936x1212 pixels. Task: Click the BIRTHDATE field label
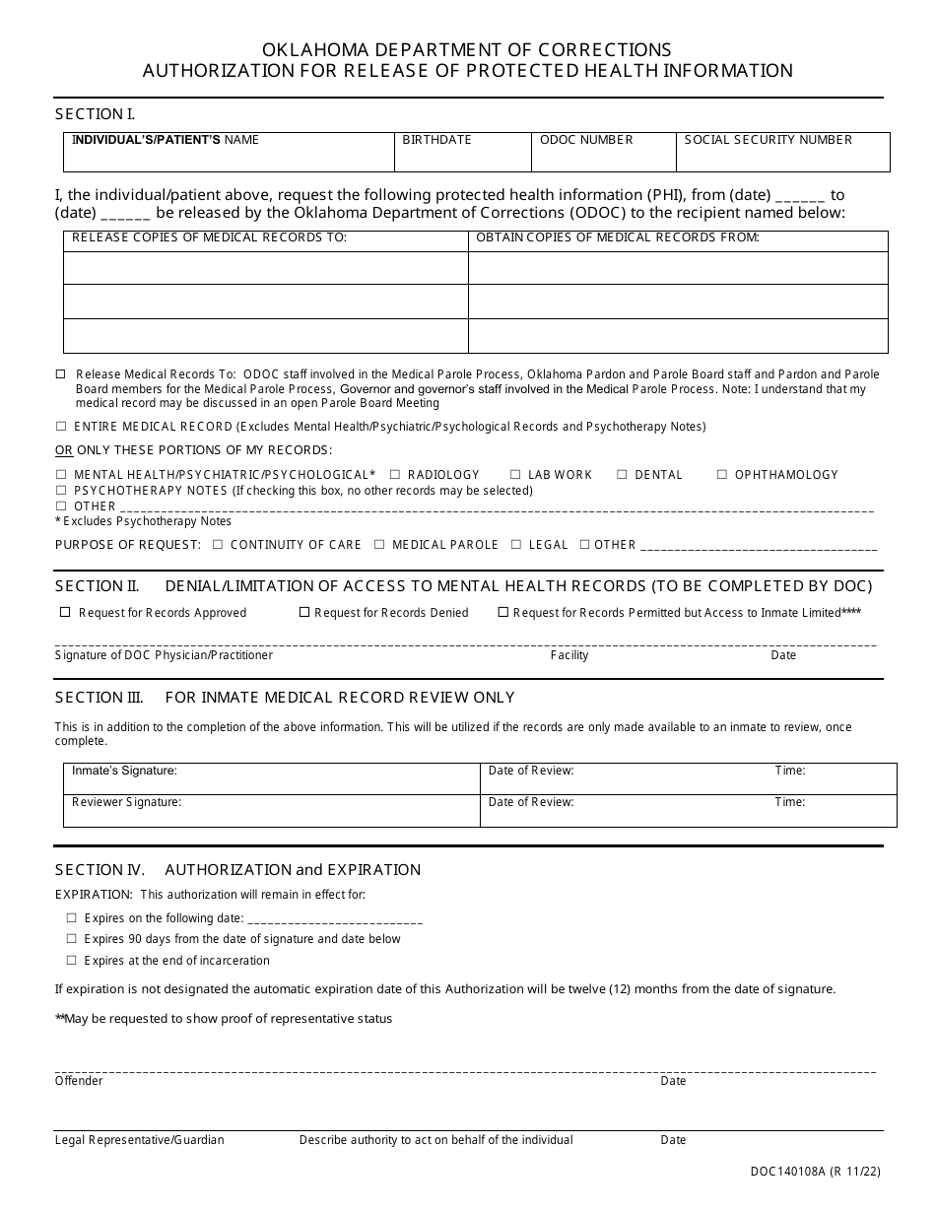point(436,140)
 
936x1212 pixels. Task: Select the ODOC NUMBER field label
point(586,140)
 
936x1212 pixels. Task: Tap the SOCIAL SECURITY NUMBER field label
point(768,140)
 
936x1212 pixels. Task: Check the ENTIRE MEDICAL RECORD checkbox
point(61,427)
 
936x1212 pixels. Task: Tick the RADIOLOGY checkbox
point(395,475)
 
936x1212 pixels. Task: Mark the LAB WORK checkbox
point(515,475)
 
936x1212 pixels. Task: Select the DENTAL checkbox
point(623,475)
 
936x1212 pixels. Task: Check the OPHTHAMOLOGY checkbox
point(722,475)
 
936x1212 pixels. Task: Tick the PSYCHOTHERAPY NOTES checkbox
point(61,491)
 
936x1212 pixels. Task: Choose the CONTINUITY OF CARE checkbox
point(218,545)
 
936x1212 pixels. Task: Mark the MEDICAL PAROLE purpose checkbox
point(379,545)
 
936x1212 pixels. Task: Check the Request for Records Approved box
point(66,612)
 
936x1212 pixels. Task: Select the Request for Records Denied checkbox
point(304,612)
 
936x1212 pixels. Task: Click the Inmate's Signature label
point(124,771)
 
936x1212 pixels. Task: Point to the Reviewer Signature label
point(126,802)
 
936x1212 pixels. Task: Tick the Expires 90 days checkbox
point(71,939)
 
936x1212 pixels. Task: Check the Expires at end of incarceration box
point(71,961)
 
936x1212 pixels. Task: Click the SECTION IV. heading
point(100,870)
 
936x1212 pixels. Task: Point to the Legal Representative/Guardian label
point(139,1140)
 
